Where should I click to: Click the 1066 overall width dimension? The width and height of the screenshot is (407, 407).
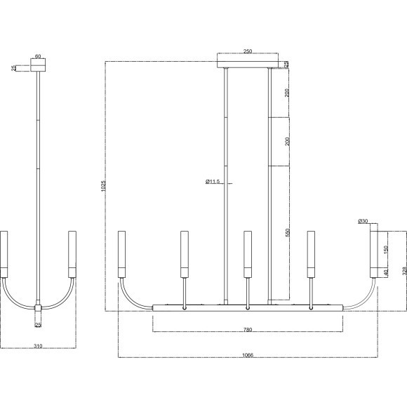(x=248, y=355)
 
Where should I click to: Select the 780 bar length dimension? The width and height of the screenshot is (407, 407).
(x=248, y=330)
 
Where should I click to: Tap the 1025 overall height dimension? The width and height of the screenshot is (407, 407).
(x=103, y=186)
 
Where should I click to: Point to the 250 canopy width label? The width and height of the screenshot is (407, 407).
(x=248, y=51)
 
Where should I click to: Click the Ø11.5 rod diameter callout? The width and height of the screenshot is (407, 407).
(x=213, y=182)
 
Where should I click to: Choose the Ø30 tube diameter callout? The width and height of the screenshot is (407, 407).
(x=363, y=221)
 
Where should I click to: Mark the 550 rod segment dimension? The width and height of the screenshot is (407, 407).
(x=287, y=232)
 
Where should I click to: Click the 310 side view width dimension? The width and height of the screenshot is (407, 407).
(x=38, y=346)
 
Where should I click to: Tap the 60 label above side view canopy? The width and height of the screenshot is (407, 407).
(x=38, y=56)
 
